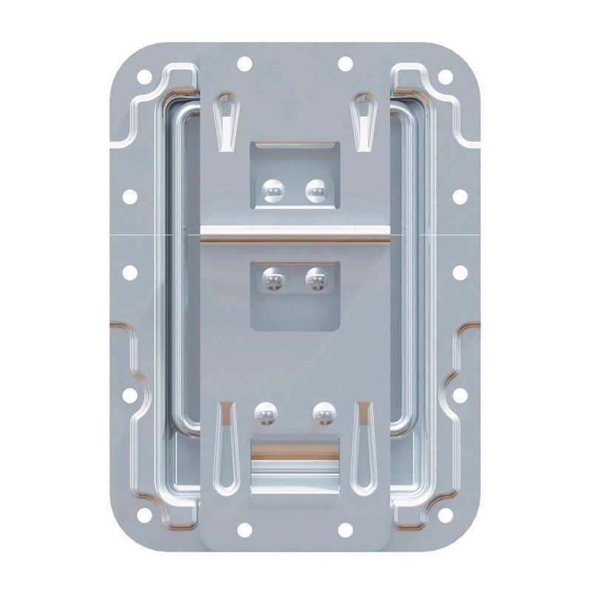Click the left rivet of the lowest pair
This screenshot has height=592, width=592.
pyautogui.click(x=264, y=412)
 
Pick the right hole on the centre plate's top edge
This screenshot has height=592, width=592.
pyautogui.click(x=345, y=64)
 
